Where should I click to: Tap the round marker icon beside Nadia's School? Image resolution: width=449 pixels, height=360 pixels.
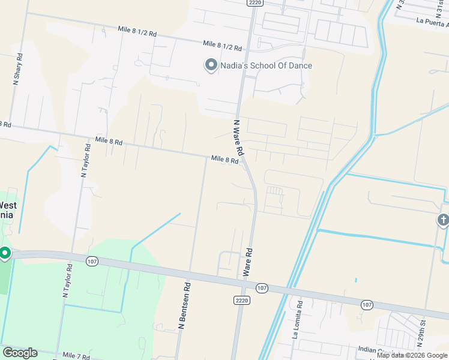click(x=211, y=65)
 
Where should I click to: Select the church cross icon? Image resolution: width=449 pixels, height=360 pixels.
click(x=443, y=220)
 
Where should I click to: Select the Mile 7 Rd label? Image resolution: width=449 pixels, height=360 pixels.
click(x=75, y=357)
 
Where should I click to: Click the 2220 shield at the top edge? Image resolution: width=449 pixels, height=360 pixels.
click(x=254, y=3)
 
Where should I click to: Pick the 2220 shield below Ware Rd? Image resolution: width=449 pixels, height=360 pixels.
click(x=241, y=300)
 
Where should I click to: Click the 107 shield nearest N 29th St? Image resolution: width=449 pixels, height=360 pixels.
click(x=367, y=305)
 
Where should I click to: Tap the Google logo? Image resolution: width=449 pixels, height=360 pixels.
click(x=20, y=353)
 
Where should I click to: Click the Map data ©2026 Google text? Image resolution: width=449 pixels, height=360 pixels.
click(x=412, y=355)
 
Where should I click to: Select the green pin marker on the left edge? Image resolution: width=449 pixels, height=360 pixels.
click(x=5, y=253)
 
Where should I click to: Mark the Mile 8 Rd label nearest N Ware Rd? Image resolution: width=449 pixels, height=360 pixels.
click(x=225, y=160)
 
